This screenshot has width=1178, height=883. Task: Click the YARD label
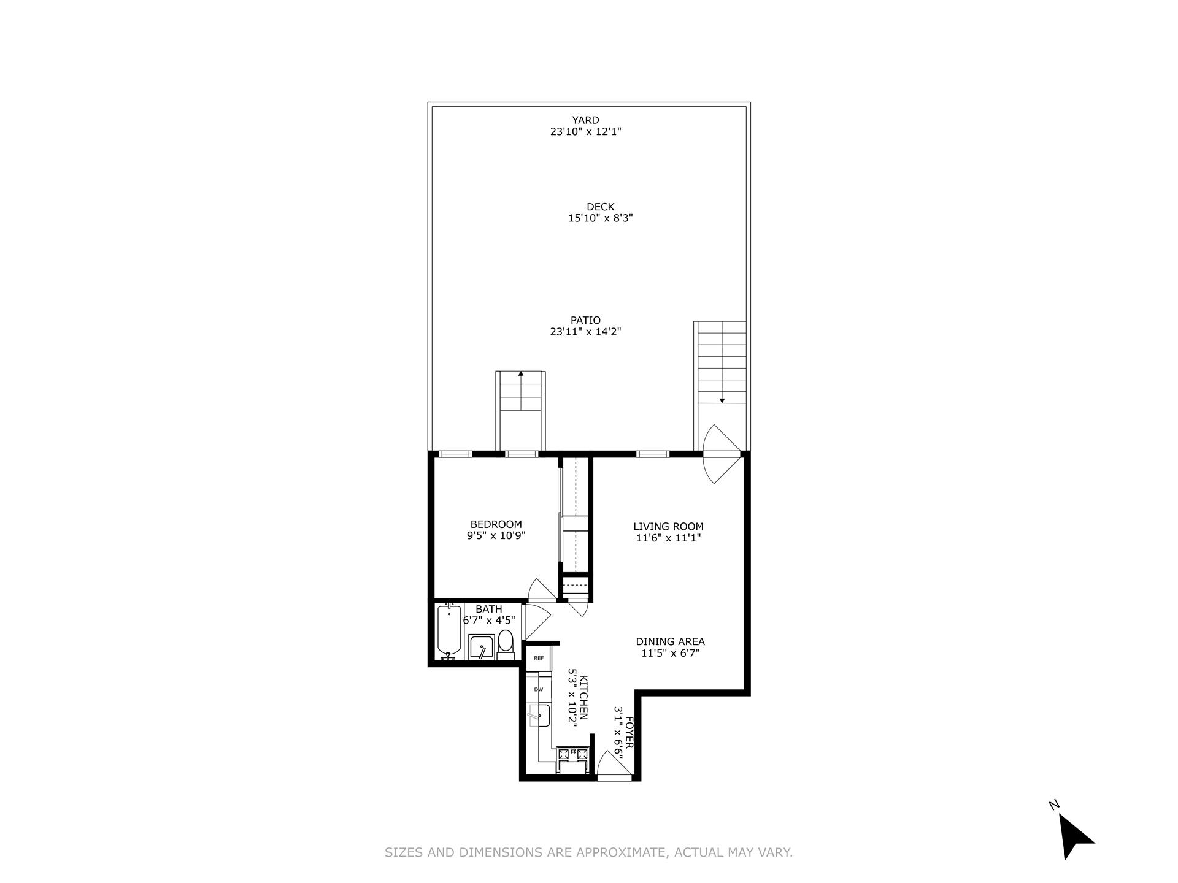tap(585, 120)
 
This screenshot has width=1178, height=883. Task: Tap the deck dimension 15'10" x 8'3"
tap(600, 218)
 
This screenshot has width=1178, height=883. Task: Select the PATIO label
tap(585, 320)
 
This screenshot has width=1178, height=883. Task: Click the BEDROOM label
tap(496, 524)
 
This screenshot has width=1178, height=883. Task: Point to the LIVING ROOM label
tap(668, 526)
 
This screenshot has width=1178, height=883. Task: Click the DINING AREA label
tap(670, 641)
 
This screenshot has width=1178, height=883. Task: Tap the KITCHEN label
tap(584, 698)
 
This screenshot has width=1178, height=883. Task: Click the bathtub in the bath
tap(449, 631)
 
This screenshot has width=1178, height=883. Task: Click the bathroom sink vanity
tap(482, 647)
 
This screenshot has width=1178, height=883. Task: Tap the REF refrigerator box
tap(539, 658)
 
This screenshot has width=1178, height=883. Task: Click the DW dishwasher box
tap(539, 689)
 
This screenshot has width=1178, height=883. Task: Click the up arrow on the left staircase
tap(521, 373)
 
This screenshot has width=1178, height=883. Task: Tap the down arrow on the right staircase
tap(722, 400)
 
